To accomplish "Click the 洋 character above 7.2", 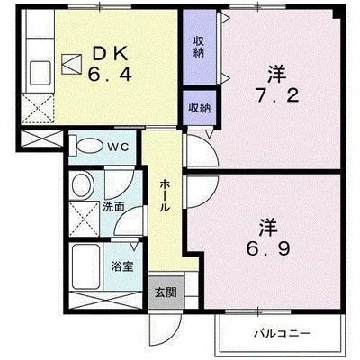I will coord(273,71).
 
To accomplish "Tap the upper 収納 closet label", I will coord(199,46).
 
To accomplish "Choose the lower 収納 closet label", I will coord(199,108).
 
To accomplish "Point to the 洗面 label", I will coord(112,206).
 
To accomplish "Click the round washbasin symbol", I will coord(83,187).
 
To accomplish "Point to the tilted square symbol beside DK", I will coord(71,64).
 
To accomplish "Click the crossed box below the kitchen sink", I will coord(39,109).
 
